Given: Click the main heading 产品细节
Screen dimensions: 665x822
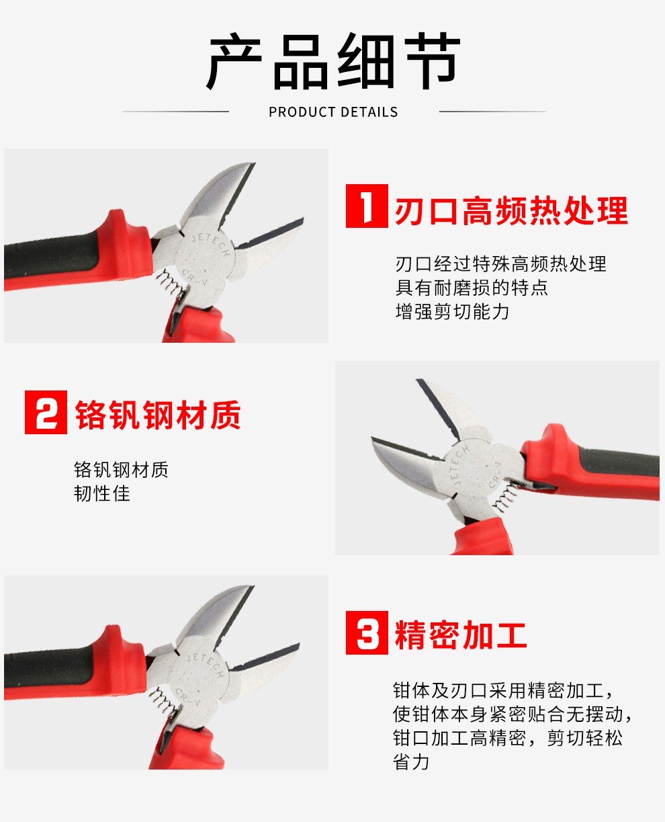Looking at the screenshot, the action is pyautogui.click(x=333, y=61).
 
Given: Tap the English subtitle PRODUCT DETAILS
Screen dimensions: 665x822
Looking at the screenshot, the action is pyautogui.click(x=333, y=112).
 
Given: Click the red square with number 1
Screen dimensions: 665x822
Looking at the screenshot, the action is pyautogui.click(x=367, y=206).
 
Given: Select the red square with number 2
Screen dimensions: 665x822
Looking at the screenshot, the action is pyautogui.click(x=46, y=412).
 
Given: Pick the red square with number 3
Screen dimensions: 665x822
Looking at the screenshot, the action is pyautogui.click(x=367, y=632).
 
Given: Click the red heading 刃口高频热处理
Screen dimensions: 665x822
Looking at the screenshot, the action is pyautogui.click(x=511, y=211).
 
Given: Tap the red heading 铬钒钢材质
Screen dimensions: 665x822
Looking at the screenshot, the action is pyautogui.click(x=158, y=415).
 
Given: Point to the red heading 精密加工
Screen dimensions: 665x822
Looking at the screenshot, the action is pyautogui.click(x=461, y=635).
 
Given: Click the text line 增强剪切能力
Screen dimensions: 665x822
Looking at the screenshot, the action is pyautogui.click(x=452, y=311).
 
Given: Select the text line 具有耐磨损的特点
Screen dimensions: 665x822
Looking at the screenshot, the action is pyautogui.click(x=472, y=288).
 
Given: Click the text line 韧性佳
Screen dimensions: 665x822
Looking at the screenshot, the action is pyautogui.click(x=102, y=493).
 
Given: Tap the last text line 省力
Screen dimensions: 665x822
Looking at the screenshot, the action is pyautogui.click(x=411, y=762).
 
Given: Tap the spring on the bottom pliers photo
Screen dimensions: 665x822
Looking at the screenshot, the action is pyautogui.click(x=163, y=700).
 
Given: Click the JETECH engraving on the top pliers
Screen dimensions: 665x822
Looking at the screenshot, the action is pyautogui.click(x=210, y=244).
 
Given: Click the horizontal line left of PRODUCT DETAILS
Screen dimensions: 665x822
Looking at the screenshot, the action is pyautogui.click(x=175, y=112).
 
